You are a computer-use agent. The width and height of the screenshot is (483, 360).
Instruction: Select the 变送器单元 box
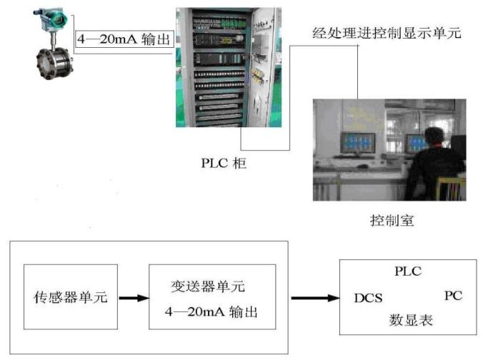coord(211,296)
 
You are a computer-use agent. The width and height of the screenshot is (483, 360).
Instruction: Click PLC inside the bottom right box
coord(408,271)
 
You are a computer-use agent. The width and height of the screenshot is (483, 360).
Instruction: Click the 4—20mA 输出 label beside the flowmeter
coord(125,40)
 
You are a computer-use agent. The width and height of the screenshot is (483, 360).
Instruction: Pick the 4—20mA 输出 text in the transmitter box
coord(211,313)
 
